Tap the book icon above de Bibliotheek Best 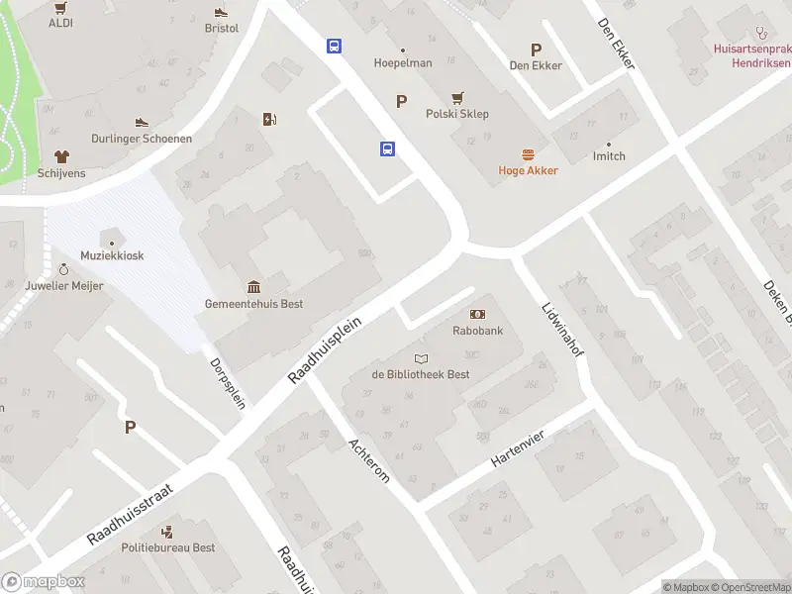pyautogui.click(x=421, y=358)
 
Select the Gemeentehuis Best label pyautogui.click(x=253, y=304)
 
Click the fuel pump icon pyautogui.click(x=269, y=120)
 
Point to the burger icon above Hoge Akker pyautogui.click(x=528, y=154)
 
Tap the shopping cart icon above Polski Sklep pyautogui.click(x=457, y=98)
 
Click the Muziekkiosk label pyautogui.click(x=111, y=255)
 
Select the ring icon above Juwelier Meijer pyautogui.click(x=64, y=269)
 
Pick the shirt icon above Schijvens pyautogui.click(x=61, y=156)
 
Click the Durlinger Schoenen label pyautogui.click(x=142, y=139)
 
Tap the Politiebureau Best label pyautogui.click(x=167, y=547)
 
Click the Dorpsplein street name pyautogui.click(x=228, y=382)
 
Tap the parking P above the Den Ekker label pyautogui.click(x=536, y=49)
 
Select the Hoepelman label pyautogui.click(x=402, y=63)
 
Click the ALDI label pyautogui.click(x=59, y=22)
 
